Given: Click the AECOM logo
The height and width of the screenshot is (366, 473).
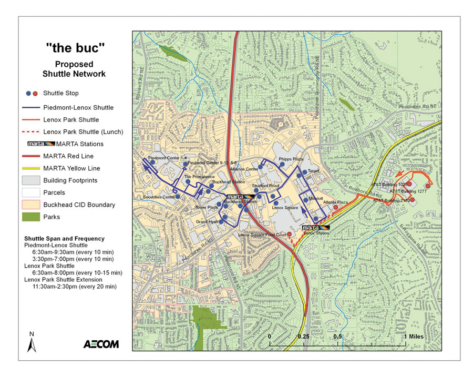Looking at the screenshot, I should (x=101, y=344).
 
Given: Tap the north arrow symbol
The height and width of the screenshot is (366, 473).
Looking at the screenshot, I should (x=32, y=345).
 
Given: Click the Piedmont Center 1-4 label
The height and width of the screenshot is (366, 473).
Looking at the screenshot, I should (x=167, y=158).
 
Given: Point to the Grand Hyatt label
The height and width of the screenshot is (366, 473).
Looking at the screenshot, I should (x=207, y=222).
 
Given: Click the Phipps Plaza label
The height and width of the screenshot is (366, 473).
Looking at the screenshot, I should (x=291, y=159).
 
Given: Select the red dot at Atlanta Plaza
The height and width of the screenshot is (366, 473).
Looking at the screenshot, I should (x=336, y=208).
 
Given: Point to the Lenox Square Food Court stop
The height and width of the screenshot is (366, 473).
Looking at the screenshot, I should (x=290, y=233).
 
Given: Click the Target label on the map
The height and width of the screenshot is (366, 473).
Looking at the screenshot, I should (x=314, y=171).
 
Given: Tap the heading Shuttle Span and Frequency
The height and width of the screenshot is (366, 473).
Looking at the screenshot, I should (x=64, y=238).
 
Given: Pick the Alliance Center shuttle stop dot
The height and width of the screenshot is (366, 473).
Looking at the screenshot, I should (x=261, y=168).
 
